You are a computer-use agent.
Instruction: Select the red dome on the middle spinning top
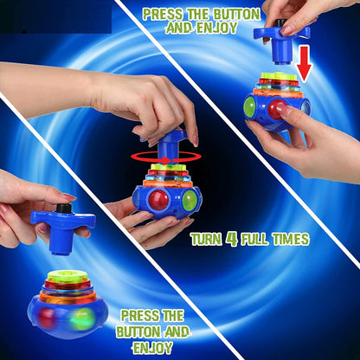point(159,200)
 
